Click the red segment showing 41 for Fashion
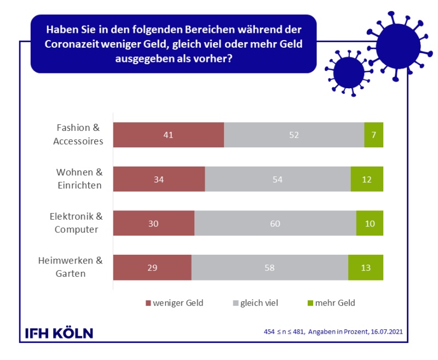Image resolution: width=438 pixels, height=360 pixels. click(168, 135)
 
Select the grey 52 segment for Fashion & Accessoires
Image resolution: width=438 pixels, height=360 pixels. click(294, 135)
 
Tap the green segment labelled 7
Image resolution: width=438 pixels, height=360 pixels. click(373, 135)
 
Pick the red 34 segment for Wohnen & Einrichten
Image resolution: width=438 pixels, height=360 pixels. click(159, 179)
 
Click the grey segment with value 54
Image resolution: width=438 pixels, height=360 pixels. click(278, 179)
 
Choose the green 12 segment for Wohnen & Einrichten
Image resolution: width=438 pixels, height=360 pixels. click(367, 179)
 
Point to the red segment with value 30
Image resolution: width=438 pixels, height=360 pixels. click(153, 224)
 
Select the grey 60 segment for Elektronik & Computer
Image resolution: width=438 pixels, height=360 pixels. click(275, 224)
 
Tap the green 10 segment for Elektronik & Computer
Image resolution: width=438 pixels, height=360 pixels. click(370, 224)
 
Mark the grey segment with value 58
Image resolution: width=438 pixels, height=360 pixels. click(269, 268)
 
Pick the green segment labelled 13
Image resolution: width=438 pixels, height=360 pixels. click(365, 268)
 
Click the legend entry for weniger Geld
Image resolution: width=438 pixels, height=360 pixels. click(174, 303)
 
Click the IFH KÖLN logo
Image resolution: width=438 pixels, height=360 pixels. click(60, 333)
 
